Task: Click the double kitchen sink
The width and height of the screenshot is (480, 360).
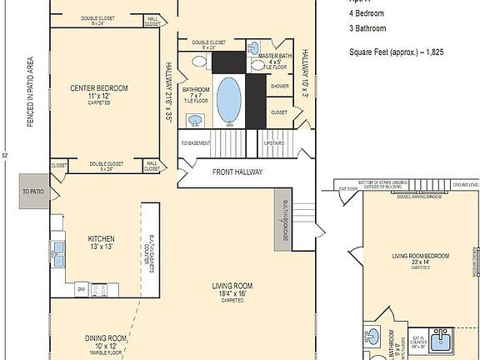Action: click(x=57, y=248)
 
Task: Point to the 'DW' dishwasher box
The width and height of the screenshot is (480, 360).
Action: click(x=81, y=288)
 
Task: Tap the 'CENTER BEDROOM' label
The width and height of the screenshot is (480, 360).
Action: click(x=99, y=87)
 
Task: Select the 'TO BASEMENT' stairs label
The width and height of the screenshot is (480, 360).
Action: click(x=195, y=142)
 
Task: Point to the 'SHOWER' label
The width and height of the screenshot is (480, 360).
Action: click(x=279, y=86)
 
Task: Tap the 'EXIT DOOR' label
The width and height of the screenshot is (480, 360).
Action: click(x=347, y=189)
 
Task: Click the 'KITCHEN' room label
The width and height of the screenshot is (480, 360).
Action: click(x=101, y=238)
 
